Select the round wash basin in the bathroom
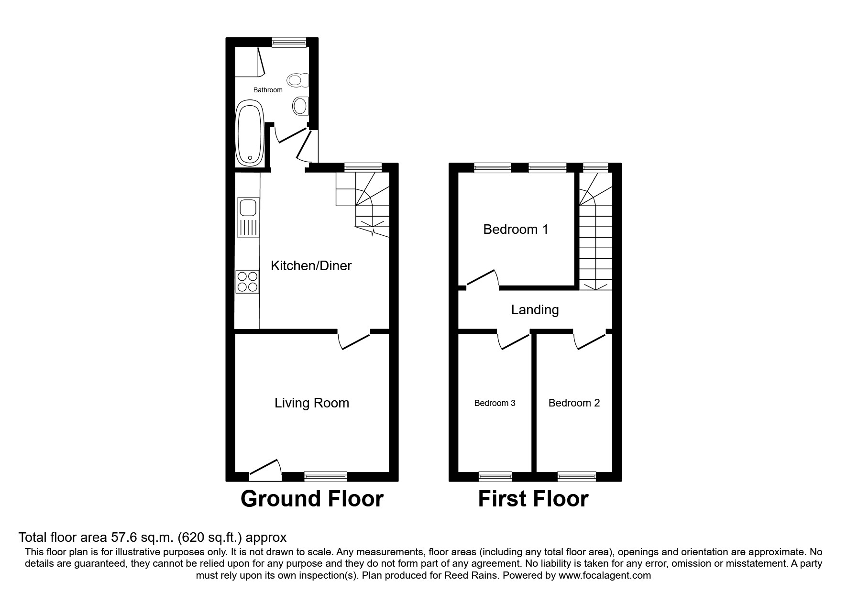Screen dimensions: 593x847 pyautogui.click(x=300, y=106)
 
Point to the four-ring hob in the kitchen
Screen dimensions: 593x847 pyautogui.click(x=247, y=281)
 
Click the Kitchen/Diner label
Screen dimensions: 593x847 pyautogui.click(x=311, y=266)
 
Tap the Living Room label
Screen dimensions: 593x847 pyautogui.click(x=311, y=403)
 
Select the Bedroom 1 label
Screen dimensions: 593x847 pyautogui.click(x=516, y=230)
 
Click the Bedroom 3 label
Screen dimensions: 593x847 pyautogui.click(x=495, y=403)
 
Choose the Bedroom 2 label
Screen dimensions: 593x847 pyautogui.click(x=574, y=403)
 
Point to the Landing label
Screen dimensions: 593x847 pyautogui.click(x=535, y=310)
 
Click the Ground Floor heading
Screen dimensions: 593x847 pyautogui.click(x=312, y=499)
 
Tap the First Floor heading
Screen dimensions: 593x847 pyautogui.click(x=533, y=499)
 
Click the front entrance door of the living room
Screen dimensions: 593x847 pyautogui.click(x=264, y=471)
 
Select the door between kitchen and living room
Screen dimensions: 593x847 pyautogui.click(x=354, y=339)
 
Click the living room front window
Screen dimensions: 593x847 pyautogui.click(x=325, y=476)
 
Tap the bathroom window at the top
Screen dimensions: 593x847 pyautogui.click(x=289, y=43)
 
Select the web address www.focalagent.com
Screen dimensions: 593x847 pyautogui.click(x=605, y=575)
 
